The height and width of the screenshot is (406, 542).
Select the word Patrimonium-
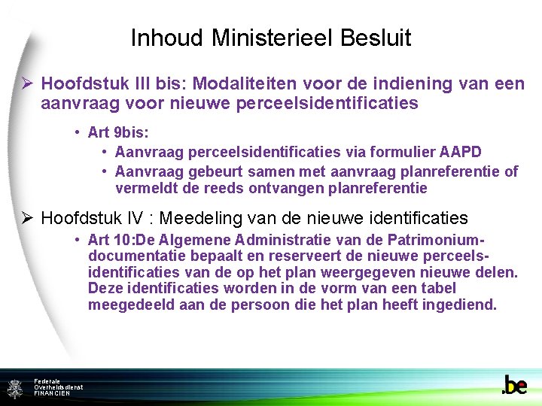pos(439,240)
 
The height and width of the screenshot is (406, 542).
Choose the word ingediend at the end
pos(461,304)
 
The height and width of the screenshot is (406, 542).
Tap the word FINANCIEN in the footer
pos(52,393)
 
